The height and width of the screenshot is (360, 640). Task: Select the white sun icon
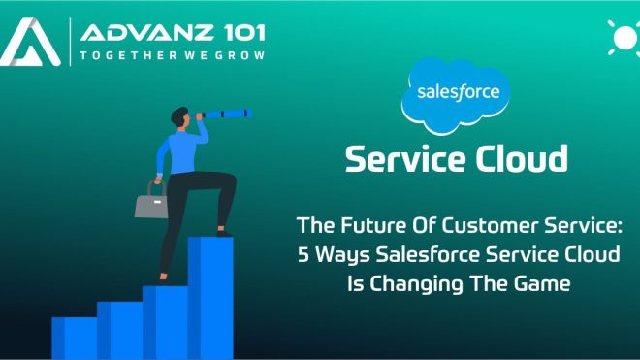pos(622,38)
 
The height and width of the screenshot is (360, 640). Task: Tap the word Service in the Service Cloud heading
pos(404,157)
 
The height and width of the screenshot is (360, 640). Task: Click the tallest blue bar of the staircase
pos(209,296)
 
